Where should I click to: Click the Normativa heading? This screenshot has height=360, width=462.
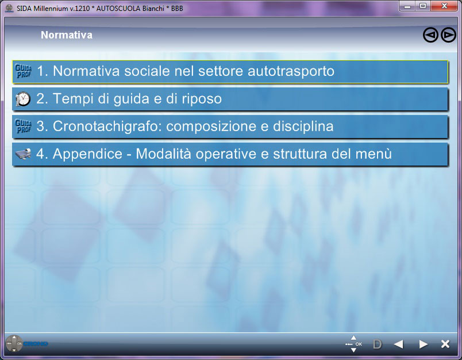(67, 35)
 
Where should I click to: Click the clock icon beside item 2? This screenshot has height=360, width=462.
(23, 99)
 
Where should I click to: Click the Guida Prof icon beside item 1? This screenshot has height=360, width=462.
(23, 71)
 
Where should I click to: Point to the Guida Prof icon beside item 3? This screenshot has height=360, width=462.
(23, 126)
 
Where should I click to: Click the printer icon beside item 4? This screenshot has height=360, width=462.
(23, 154)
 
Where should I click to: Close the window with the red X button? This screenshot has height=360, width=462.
(445, 6)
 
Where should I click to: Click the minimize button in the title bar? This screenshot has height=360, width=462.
(407, 6)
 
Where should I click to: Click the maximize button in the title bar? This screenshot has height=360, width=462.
(423, 6)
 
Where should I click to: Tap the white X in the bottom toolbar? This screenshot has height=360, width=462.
(445, 344)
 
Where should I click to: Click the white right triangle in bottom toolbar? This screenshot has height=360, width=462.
(423, 344)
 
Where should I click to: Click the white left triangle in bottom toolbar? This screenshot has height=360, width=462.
(398, 344)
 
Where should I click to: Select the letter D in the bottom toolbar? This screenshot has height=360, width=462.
(377, 344)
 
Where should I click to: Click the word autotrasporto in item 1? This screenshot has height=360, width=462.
(291, 71)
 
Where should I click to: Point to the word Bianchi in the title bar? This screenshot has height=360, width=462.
(153, 8)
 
